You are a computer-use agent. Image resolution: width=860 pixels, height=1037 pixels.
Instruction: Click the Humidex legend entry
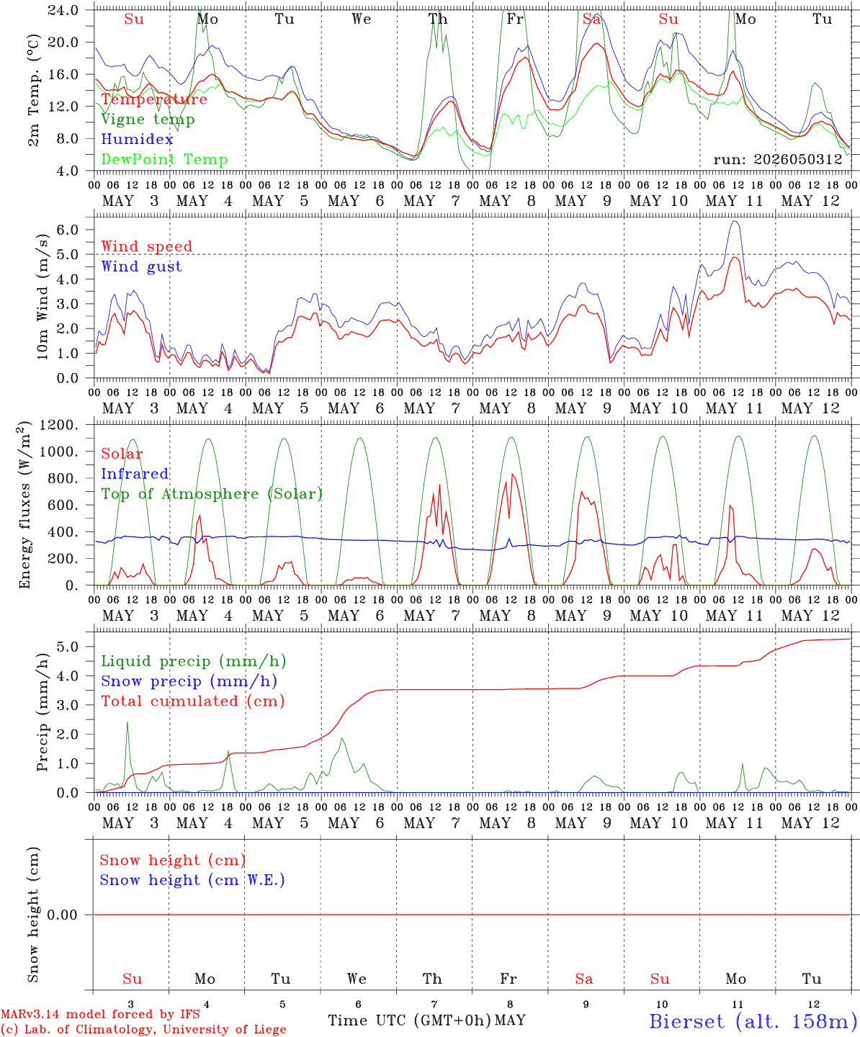coord(137,139)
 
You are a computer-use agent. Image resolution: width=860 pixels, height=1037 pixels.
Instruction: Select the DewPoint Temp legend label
coord(164,159)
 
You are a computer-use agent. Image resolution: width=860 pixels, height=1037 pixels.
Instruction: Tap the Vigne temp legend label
coord(148,120)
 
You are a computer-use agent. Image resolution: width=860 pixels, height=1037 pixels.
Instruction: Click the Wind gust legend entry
coord(141,266)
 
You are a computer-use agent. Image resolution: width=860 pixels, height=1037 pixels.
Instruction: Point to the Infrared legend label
coord(135,474)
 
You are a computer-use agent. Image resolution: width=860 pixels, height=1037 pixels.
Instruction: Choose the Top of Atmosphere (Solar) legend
coord(212,494)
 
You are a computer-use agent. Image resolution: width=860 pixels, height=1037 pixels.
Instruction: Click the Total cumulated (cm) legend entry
coord(193,701)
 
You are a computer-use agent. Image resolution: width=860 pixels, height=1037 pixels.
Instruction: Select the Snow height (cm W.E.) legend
coord(192,880)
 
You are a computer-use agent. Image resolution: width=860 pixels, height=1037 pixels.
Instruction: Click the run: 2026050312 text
coord(778,159)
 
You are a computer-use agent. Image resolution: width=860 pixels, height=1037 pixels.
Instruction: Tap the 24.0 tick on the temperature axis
coord(63,10)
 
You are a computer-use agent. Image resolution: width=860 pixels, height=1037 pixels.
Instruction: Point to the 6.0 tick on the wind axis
coord(68,230)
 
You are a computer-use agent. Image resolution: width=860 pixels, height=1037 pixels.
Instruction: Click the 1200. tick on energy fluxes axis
coord(59,425)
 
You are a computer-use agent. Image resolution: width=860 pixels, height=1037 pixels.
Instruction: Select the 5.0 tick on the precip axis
coord(68,647)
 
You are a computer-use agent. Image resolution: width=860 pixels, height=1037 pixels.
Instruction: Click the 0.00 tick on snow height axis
coord(62,915)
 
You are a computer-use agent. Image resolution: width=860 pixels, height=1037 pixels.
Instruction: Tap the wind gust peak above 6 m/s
coord(735,222)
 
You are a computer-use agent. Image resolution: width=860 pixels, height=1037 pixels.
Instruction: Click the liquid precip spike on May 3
coord(127,723)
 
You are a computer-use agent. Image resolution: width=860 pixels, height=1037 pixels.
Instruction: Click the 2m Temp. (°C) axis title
coord(33,91)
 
